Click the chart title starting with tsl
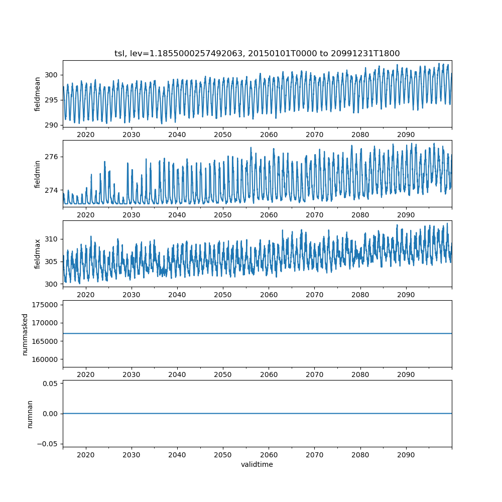click(x=257, y=53)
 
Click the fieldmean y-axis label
click(x=38, y=94)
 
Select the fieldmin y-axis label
click(x=38, y=174)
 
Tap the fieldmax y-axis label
click(x=38, y=254)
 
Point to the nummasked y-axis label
click(x=25, y=334)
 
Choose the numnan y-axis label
click(x=30, y=414)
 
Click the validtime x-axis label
click(x=257, y=465)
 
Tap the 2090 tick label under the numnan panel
click(x=406, y=455)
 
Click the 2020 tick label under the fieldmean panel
click(x=86, y=135)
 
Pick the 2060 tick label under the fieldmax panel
click(x=269, y=295)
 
